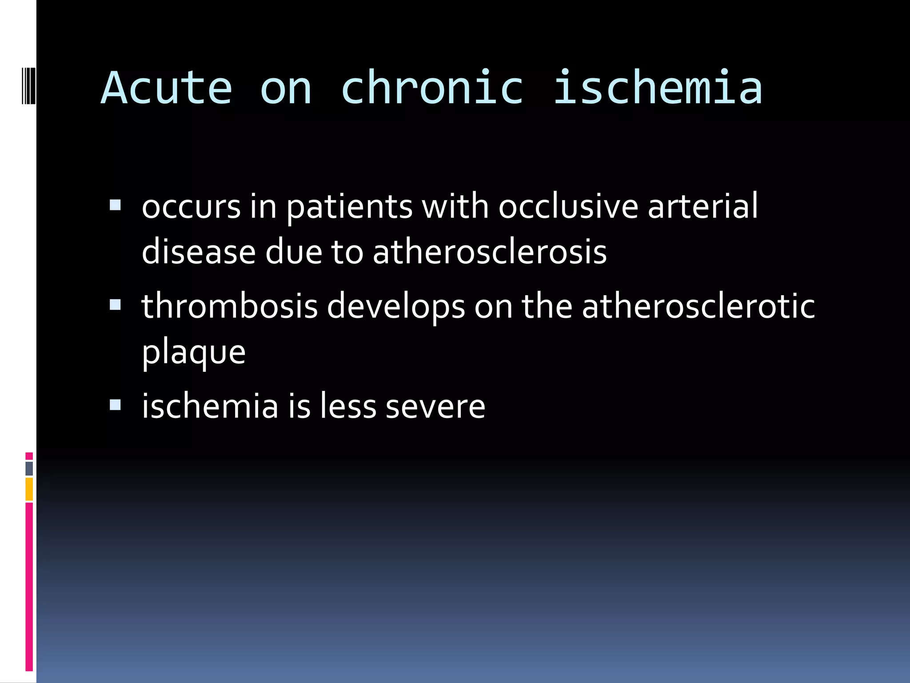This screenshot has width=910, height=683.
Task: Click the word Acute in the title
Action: coord(167,88)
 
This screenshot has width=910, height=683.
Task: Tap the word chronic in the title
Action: coord(432,88)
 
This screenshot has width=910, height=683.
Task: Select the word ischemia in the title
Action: coord(658,88)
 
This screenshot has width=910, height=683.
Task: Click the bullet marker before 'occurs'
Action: coord(115,205)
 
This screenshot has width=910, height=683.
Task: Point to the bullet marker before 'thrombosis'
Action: coord(115,305)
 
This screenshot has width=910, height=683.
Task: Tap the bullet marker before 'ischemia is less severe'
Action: coord(115,405)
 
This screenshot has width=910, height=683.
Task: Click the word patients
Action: coord(349,207)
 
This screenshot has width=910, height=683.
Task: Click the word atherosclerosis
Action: coord(490,252)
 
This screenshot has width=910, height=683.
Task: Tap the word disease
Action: coord(199,252)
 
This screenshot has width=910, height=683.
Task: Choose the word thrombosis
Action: coord(230,306)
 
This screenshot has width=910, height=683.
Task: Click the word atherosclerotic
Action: coord(698,306)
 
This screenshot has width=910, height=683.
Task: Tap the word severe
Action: coord(435,406)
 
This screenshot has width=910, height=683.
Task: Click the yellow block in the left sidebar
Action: coord(29,489)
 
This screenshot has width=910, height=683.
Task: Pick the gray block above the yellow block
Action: coord(29,469)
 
